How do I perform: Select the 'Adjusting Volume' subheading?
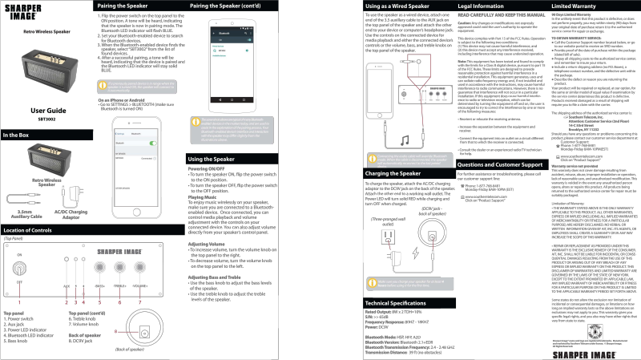pyautogui.click(x=206, y=244)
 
